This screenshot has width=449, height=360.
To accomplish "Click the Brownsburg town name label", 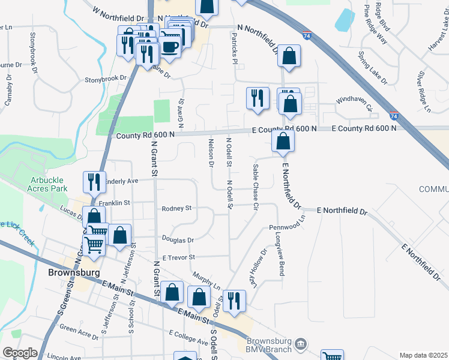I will pos(70,272).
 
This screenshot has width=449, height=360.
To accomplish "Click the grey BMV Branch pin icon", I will pos(300,343).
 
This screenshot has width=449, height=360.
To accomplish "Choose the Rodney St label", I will pos(176,209).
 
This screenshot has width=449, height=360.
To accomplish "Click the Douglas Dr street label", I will pos(182,240).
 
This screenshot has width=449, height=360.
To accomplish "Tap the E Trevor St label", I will pos(179,257).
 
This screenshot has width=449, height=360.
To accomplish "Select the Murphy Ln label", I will pos(206,280).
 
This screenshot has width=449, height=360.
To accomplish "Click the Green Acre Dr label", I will pos(76,329).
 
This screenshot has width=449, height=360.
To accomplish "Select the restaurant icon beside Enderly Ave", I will pos(93,181).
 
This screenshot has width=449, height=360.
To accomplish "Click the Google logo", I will pos(20,353).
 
